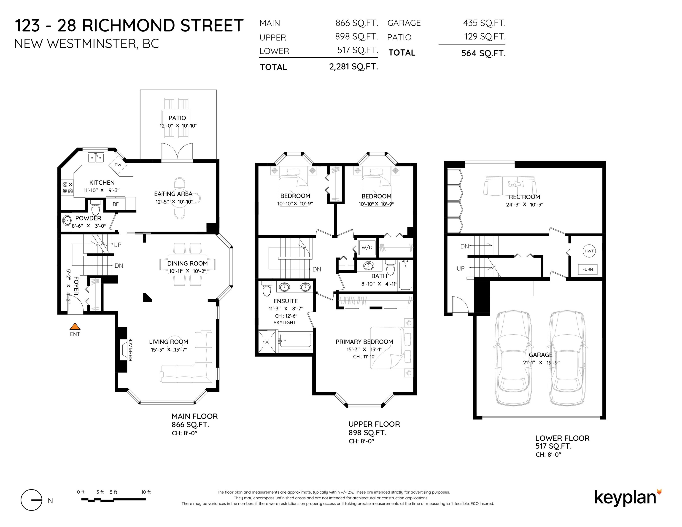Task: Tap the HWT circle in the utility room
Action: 589,251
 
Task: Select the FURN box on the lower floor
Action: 587,269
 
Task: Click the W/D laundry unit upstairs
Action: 367,247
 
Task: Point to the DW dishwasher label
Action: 118,165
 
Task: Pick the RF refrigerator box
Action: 116,204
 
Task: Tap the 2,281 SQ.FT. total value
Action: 353,67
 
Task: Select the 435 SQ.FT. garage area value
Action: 484,23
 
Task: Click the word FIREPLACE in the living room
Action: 131,350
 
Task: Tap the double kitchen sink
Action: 96,158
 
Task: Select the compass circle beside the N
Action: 31,500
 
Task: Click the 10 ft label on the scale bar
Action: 146,492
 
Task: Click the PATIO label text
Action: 177,118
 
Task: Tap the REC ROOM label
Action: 524,197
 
